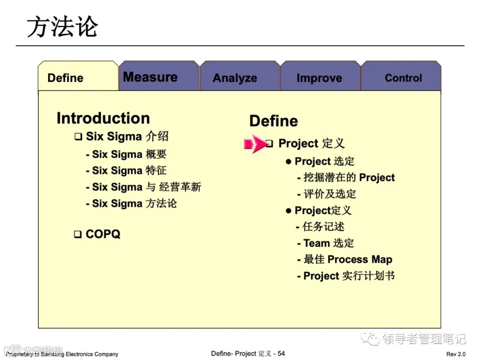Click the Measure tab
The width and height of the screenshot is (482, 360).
pos(159,76)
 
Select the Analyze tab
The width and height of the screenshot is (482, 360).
pos(240,76)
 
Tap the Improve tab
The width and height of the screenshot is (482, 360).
pos(320,76)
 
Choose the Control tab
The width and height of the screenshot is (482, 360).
pos(401,76)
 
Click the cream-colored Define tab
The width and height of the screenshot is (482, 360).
pos(78,76)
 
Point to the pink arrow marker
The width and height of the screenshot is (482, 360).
pos(255,144)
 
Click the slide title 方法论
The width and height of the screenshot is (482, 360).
pos(62,27)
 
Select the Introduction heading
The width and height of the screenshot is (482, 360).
pos(103,118)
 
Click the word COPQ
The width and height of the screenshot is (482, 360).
pos(103,234)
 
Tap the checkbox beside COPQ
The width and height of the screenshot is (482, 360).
pos(78,234)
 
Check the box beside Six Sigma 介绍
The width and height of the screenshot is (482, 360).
pos(79,137)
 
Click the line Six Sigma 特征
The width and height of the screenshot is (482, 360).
pos(126,170)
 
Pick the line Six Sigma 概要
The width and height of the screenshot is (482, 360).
pos(126,154)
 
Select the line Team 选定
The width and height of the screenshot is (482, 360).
pos(325,243)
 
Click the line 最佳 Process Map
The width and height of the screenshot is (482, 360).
pos(345,260)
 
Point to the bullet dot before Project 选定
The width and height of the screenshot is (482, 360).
pos(288,162)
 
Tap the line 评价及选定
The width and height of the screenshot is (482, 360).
pos(326,194)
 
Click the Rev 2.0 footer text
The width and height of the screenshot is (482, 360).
pos(456,354)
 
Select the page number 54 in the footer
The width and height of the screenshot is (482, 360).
pos(281,354)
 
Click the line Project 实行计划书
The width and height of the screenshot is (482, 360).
pos(346,276)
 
